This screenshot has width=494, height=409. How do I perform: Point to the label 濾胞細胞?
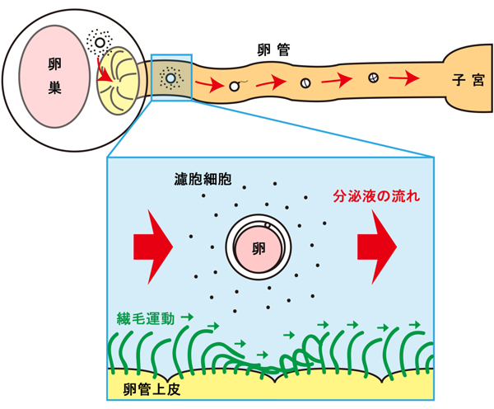pyautogui.click(x=202, y=179)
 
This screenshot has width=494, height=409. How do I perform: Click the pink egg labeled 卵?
pyautogui.click(x=259, y=248)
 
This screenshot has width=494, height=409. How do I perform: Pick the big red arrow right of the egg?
pyautogui.click(x=378, y=245)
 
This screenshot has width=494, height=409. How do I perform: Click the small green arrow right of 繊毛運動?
pyautogui.click(x=188, y=317)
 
